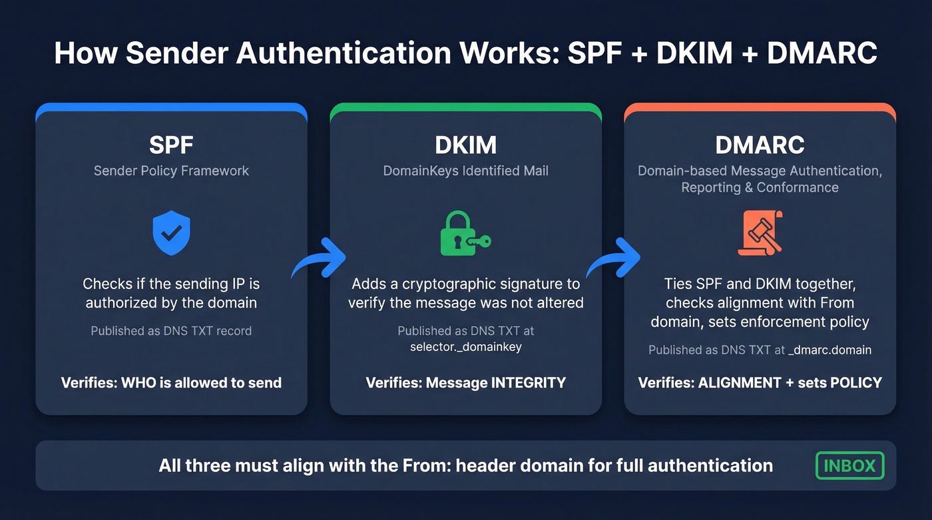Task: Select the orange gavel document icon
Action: (760, 233)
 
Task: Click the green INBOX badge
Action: (849, 465)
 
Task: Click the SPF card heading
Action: (171, 145)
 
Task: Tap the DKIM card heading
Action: (465, 145)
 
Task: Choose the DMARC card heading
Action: (760, 145)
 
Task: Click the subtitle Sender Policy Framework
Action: (171, 170)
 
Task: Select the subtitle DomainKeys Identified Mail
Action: (465, 170)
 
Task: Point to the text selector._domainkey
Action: (465, 346)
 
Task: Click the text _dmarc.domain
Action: (829, 350)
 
